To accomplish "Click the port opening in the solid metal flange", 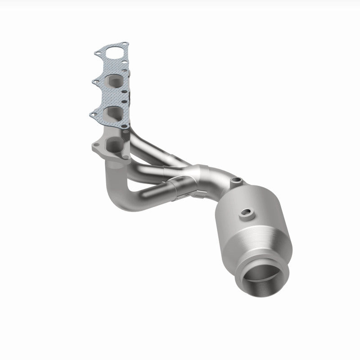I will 115,145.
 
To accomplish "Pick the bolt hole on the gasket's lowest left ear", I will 93,116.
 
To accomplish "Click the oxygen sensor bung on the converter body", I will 246,213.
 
